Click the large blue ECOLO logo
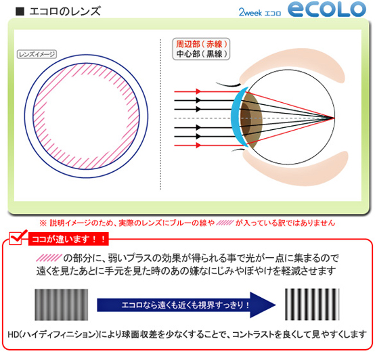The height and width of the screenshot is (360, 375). pos(327,9)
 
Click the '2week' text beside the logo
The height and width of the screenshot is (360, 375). pos(250,12)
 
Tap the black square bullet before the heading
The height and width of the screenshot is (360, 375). pos(20,12)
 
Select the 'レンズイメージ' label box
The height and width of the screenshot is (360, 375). pos(37,54)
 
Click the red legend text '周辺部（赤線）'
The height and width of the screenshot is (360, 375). pos(201,44)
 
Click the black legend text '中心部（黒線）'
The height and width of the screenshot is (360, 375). pos(201,53)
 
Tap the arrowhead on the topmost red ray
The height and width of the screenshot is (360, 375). pos(198,91)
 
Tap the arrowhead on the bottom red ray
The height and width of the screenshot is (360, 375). pos(198,145)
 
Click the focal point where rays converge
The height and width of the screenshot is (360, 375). pos(334,117)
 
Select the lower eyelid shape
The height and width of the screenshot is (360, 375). pos(294,168)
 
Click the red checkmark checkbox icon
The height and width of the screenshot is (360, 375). pos(17,238)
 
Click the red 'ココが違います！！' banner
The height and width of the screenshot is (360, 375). pos(68,239)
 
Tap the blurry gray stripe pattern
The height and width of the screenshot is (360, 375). pos(61,305)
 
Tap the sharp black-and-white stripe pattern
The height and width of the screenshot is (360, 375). pos(312,305)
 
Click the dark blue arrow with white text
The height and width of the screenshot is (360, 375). pos(186,305)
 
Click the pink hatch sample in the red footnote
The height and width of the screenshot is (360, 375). pos(225,223)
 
